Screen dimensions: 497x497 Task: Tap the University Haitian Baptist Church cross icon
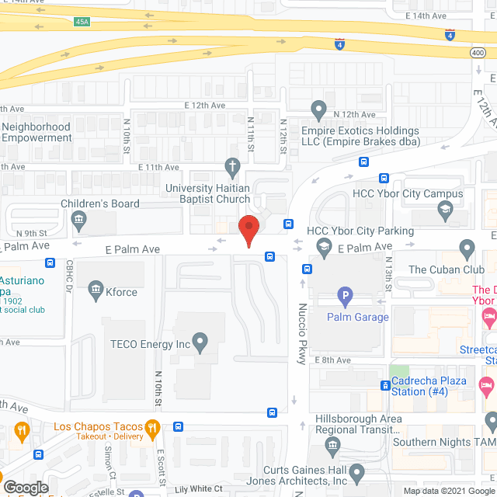(231, 166)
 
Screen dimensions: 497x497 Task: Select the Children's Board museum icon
(79, 220)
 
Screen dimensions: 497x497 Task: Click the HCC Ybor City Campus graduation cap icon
(444, 209)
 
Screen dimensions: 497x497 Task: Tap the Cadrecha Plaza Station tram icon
(385, 386)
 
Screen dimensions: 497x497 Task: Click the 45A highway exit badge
(82, 23)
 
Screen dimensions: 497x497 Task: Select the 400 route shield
(477, 51)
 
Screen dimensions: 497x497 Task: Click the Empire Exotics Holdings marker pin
(318, 108)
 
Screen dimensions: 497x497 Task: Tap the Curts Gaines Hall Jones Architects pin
(356, 472)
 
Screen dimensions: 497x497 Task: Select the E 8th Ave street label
(333, 360)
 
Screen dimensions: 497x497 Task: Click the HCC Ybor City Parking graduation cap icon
(324, 248)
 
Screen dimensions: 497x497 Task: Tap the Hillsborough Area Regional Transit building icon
(332, 445)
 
